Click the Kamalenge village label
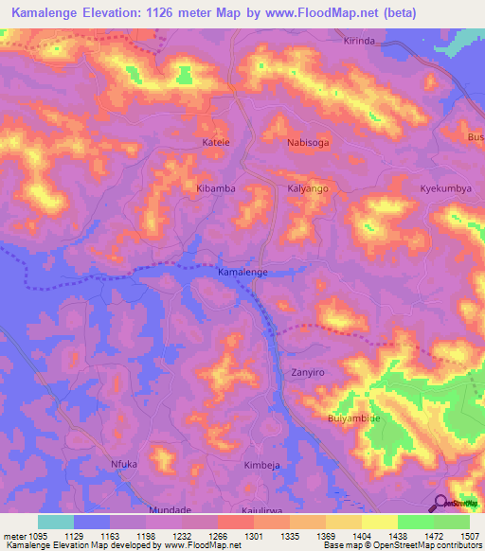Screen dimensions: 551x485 [242, 272]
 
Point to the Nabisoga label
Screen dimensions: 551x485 [308, 142]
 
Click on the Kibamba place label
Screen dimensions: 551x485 [215, 189]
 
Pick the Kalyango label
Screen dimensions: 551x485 [308, 189]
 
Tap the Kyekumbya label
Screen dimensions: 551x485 [445, 189]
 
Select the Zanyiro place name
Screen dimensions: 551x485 [308, 373]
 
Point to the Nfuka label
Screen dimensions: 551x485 [124, 465]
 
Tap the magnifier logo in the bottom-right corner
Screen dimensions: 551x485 [441, 503]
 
